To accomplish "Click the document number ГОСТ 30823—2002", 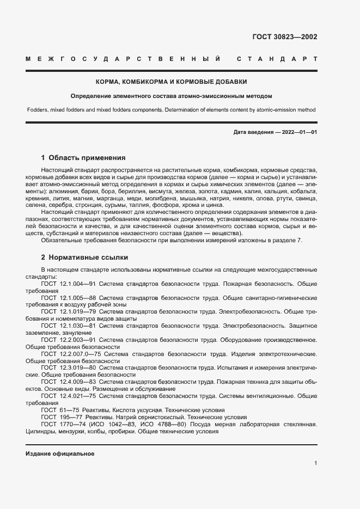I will [284, 37].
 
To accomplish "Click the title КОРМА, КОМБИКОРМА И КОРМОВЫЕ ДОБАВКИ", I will [172, 82].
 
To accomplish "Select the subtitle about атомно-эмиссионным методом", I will [171, 96].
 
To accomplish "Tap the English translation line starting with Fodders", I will [171, 109].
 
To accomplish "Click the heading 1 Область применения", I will [83, 158].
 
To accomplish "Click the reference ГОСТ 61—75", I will [59, 410].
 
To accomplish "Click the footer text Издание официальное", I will [60, 453].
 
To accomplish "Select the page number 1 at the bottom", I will [315, 463].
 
